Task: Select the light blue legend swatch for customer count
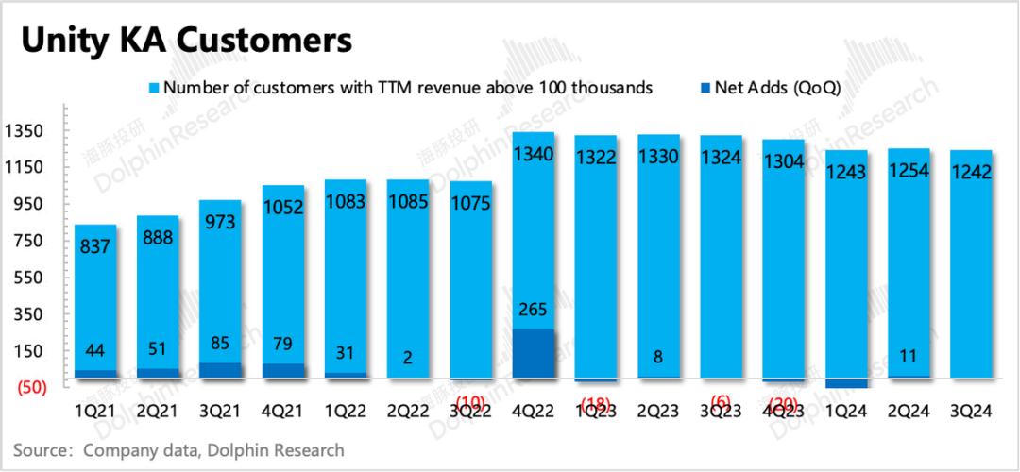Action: [x=155, y=88]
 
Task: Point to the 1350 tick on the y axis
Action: [x=22, y=130]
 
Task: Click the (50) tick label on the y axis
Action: [x=22, y=387]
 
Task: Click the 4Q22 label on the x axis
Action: [x=533, y=413]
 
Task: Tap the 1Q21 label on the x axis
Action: [x=95, y=413]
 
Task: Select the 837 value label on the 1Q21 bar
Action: [x=95, y=247]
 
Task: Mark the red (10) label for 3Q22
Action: [x=470, y=403]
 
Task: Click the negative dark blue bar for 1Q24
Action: [x=846, y=383]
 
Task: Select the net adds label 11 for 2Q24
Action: [x=909, y=357]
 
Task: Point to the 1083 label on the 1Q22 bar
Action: [x=346, y=201]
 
